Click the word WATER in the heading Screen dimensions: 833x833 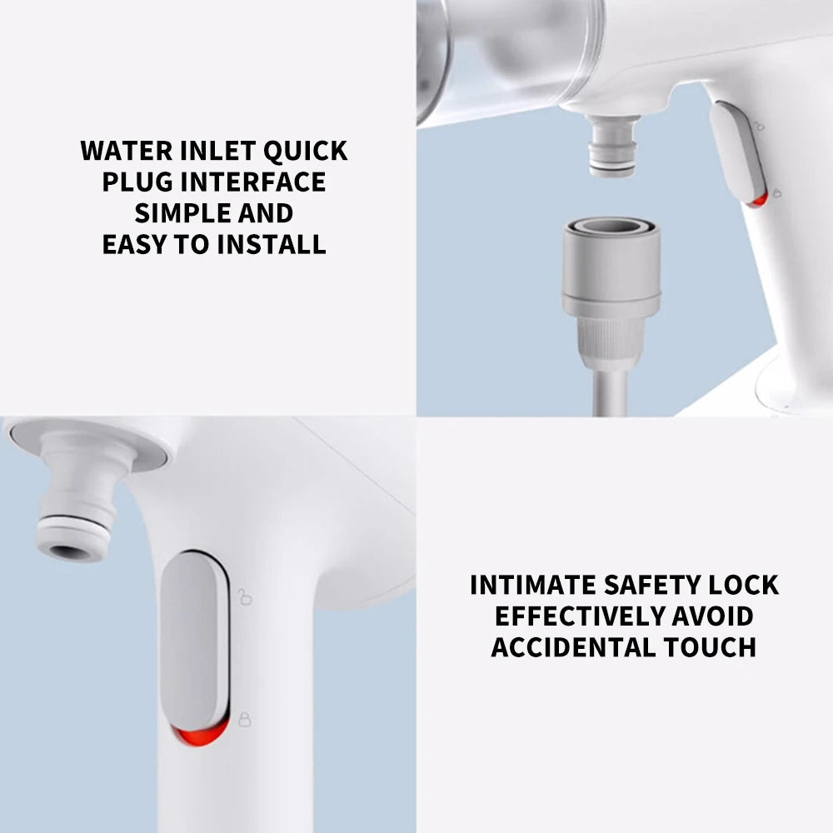[127, 151]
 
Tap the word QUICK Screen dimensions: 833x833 [306, 151]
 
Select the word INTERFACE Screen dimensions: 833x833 [253, 182]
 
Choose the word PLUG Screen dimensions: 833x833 [137, 182]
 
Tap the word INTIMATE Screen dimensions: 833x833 [533, 585]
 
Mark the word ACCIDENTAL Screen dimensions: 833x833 [573, 647]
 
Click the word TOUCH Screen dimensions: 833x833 [710, 647]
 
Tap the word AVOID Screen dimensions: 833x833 [713, 616]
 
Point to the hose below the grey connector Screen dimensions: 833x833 [611, 392]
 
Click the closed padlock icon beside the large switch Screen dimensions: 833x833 [244, 720]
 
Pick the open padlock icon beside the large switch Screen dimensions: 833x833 [244, 596]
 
